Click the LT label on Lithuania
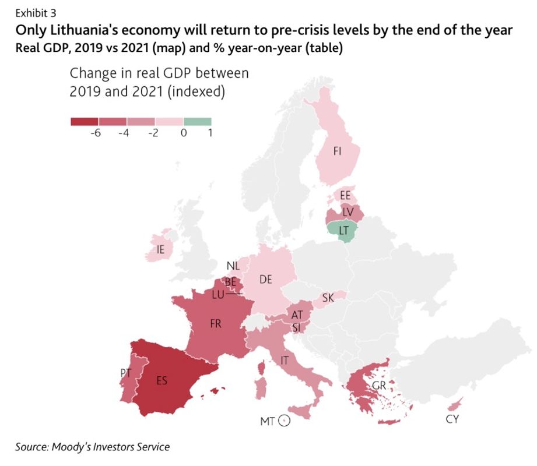click(344, 231)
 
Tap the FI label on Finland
click(337, 151)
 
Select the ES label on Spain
click(162, 380)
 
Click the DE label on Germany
click(266, 280)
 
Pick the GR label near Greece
click(379, 386)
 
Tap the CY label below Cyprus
click(452, 419)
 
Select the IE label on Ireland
click(160, 250)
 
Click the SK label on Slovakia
click(328, 298)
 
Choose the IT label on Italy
click(285, 361)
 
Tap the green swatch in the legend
click(197, 122)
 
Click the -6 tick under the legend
click(96, 133)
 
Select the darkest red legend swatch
click(84, 122)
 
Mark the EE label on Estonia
click(345, 196)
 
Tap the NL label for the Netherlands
click(233, 266)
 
